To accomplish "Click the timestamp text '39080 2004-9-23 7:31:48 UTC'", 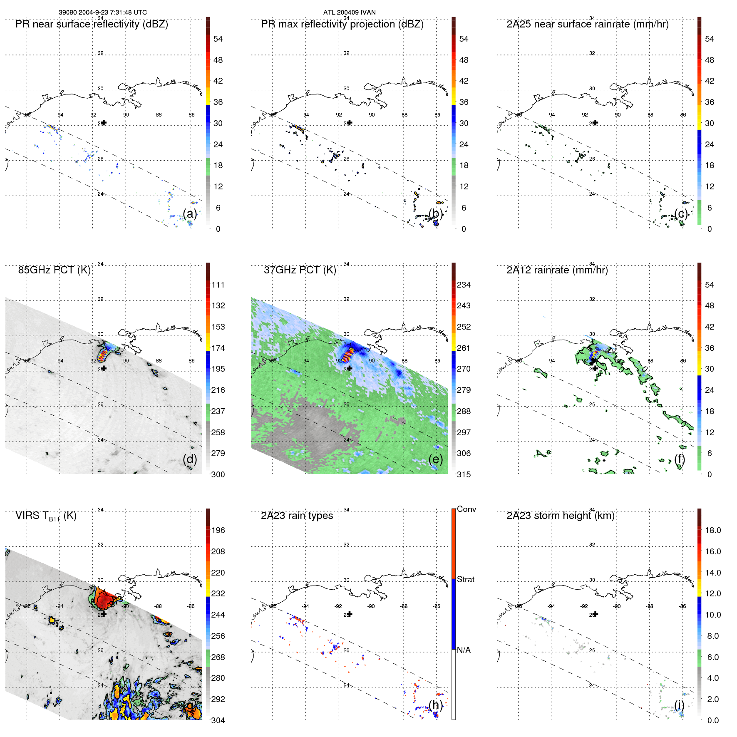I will click(102, 12).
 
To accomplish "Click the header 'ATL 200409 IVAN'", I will click(349, 12).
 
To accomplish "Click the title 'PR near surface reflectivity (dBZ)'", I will click(92, 24).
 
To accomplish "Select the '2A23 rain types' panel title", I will click(297, 516).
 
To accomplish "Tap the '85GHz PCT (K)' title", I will click(54, 270).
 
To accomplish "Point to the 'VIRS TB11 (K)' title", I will click(46, 516).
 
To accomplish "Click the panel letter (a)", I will click(190, 213).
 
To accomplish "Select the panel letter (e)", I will click(436, 459).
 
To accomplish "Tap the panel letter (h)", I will click(436, 705).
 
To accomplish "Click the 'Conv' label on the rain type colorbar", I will click(466, 509).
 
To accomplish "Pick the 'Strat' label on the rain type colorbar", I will click(465, 579).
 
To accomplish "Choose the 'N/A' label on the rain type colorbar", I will click(464, 650).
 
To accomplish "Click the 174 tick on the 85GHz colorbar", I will click(218, 348).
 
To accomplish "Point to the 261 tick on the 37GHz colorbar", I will click(464, 348).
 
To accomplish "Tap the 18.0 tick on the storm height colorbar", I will click(712, 530).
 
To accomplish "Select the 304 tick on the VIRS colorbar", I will click(218, 720).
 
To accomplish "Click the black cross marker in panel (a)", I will click(104, 123).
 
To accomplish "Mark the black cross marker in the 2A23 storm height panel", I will click(596, 614).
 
